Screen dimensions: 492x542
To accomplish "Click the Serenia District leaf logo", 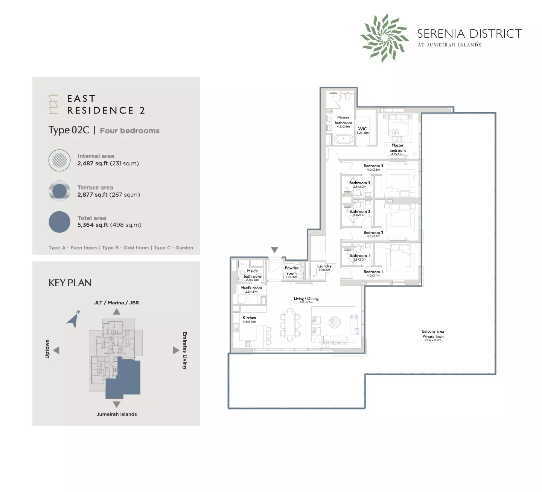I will point(384,37).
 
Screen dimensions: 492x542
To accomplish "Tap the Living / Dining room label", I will point(306,299).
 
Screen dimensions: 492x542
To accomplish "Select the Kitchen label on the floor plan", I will point(249,318).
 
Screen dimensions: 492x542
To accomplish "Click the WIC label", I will point(362,129).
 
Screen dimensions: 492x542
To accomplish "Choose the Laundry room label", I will point(324,266).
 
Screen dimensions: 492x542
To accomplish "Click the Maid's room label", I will point(251,288).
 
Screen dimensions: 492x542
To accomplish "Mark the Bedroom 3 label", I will point(373,166).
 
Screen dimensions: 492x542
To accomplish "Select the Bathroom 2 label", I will point(359,212).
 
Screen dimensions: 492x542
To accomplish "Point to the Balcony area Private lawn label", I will point(433,334).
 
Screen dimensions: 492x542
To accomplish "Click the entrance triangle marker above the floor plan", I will point(275,250).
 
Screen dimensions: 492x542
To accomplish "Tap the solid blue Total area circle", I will point(59,222).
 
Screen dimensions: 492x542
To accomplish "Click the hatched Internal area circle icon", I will point(59,160).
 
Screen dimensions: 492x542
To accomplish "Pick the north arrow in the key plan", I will point(74,320).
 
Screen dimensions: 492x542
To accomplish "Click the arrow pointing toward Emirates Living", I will point(176,350).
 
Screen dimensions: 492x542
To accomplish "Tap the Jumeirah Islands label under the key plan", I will point(117,414).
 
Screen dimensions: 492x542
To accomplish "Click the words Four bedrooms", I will point(129,131).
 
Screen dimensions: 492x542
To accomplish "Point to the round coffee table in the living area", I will point(335,322).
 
